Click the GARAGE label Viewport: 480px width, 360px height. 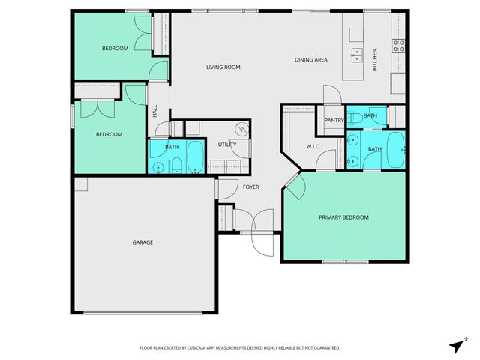point(142,242)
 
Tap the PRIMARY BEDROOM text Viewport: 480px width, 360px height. point(343,217)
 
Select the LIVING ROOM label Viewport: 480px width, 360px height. point(223,67)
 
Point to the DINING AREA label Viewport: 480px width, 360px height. point(310,59)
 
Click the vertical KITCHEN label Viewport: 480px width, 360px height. point(375,61)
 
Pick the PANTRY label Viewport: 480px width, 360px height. point(334,120)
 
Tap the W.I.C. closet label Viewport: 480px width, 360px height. point(313,146)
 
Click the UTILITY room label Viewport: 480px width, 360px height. point(227,144)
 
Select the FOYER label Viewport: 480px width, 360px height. point(250,186)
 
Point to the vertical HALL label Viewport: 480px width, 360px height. point(155,111)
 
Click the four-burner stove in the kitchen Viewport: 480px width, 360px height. point(399,47)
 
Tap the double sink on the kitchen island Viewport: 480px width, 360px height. point(358,55)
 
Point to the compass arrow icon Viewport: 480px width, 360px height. point(456,345)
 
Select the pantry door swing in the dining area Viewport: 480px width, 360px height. point(331,95)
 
